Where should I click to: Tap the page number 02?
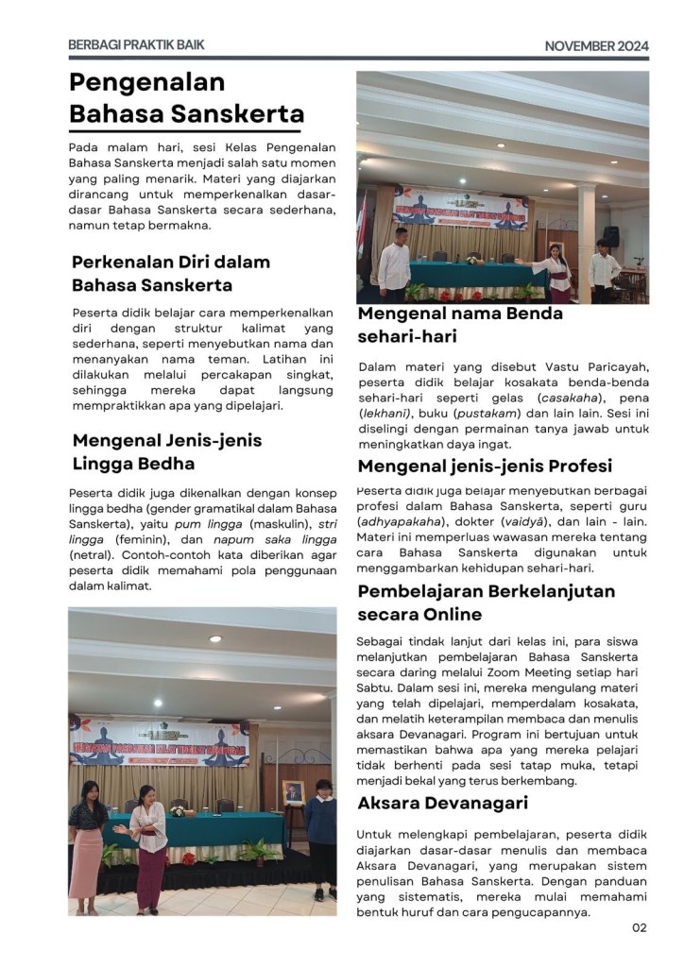pyautogui.click(x=640, y=927)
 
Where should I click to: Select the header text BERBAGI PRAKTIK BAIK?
pyautogui.click(x=136, y=44)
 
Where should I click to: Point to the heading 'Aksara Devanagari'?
pyautogui.click(x=442, y=804)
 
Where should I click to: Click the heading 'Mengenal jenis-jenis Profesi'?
pyautogui.click(x=485, y=466)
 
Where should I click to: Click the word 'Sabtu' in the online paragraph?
pyautogui.click(x=375, y=689)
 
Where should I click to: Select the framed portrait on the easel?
pyautogui.click(x=295, y=792)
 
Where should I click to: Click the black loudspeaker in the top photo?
pyautogui.click(x=611, y=236)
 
